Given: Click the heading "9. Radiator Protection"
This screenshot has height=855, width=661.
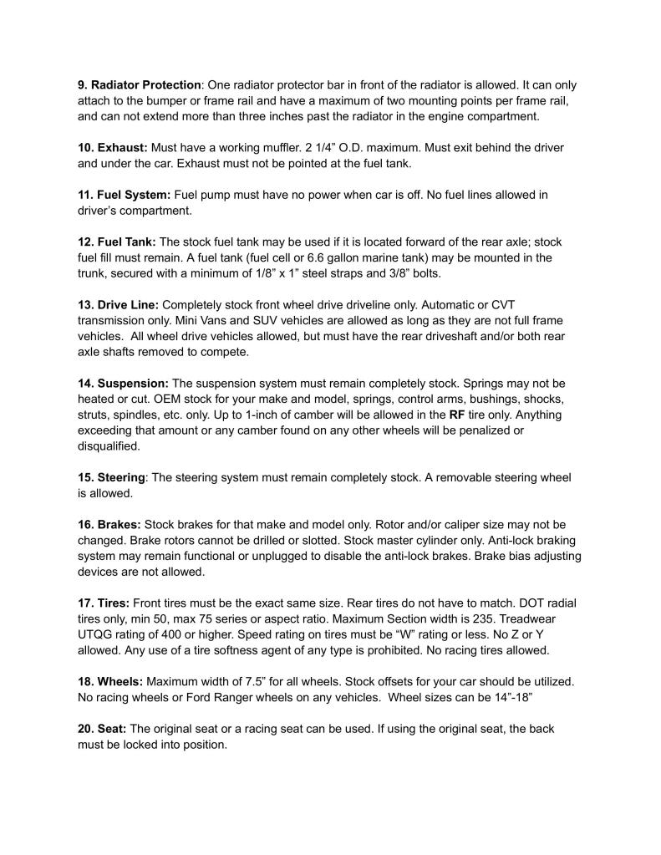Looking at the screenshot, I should click(140, 85).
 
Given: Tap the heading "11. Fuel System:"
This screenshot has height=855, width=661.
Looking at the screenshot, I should click(125, 195).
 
